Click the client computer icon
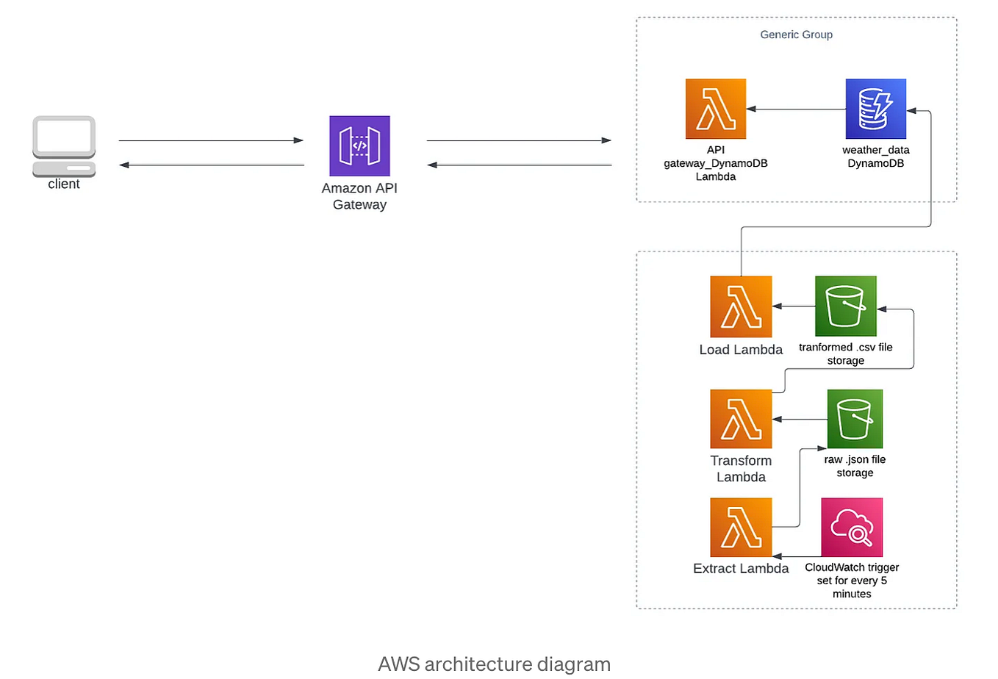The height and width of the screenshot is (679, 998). point(64,145)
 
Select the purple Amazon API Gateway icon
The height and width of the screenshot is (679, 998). point(359,145)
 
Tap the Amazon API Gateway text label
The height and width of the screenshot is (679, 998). point(359,196)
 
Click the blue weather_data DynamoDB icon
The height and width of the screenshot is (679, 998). point(875,109)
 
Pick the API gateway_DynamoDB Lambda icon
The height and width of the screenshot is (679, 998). point(715,109)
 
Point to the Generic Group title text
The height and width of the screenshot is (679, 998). point(796,35)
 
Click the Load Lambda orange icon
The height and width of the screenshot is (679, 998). point(741,306)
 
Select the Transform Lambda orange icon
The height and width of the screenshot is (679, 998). point(741,419)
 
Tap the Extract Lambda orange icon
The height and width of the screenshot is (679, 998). point(741,527)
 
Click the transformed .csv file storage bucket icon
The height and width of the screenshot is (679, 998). point(845,306)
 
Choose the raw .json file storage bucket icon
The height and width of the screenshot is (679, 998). point(855,419)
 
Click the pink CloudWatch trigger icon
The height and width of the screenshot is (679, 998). point(852,527)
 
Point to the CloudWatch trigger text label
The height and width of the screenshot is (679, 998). point(852,581)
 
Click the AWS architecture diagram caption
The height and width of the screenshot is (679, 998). point(494,664)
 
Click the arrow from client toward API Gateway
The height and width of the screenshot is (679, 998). point(211,140)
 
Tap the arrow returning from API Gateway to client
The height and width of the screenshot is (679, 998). point(211,165)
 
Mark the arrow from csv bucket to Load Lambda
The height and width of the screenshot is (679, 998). point(794,306)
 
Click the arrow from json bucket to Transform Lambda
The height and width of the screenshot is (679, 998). point(800,420)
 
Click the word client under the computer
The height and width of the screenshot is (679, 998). point(64,184)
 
